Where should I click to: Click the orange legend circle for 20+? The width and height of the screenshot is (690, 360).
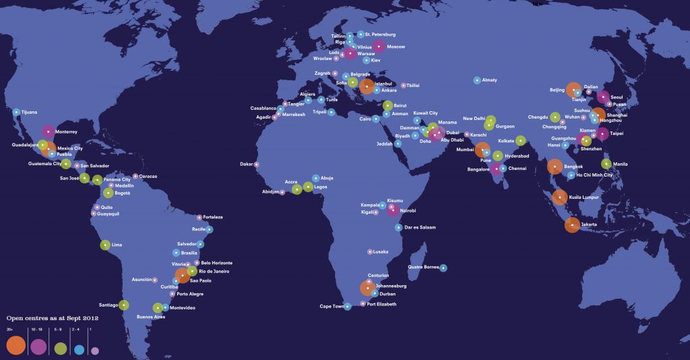(x=15, y=346)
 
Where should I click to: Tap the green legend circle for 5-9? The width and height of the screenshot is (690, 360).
(x=61, y=348)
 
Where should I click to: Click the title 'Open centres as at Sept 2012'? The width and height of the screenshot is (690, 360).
(x=53, y=318)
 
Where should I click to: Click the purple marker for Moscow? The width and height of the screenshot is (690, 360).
(x=379, y=47)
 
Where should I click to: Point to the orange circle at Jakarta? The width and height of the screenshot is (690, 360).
(x=571, y=225)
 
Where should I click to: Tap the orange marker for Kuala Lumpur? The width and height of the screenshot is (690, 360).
(x=559, y=197)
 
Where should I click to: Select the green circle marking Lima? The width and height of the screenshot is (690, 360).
(x=105, y=245)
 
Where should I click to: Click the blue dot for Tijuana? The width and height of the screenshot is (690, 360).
(x=16, y=112)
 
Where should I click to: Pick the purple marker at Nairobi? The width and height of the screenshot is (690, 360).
(x=393, y=211)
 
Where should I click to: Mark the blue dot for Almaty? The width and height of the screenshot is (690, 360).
(x=477, y=80)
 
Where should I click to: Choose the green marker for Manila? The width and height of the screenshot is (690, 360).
(x=606, y=164)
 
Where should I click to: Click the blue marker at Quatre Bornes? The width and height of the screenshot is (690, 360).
(x=443, y=268)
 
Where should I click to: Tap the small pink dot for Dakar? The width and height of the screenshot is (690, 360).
(x=256, y=164)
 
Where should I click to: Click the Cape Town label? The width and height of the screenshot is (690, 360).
(x=331, y=307)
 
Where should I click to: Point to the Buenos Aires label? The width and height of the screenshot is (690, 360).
(x=150, y=317)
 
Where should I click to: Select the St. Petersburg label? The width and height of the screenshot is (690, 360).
(x=380, y=34)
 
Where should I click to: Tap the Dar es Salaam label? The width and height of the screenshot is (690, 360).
(x=420, y=228)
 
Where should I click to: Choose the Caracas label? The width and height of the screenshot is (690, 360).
(x=148, y=177)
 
